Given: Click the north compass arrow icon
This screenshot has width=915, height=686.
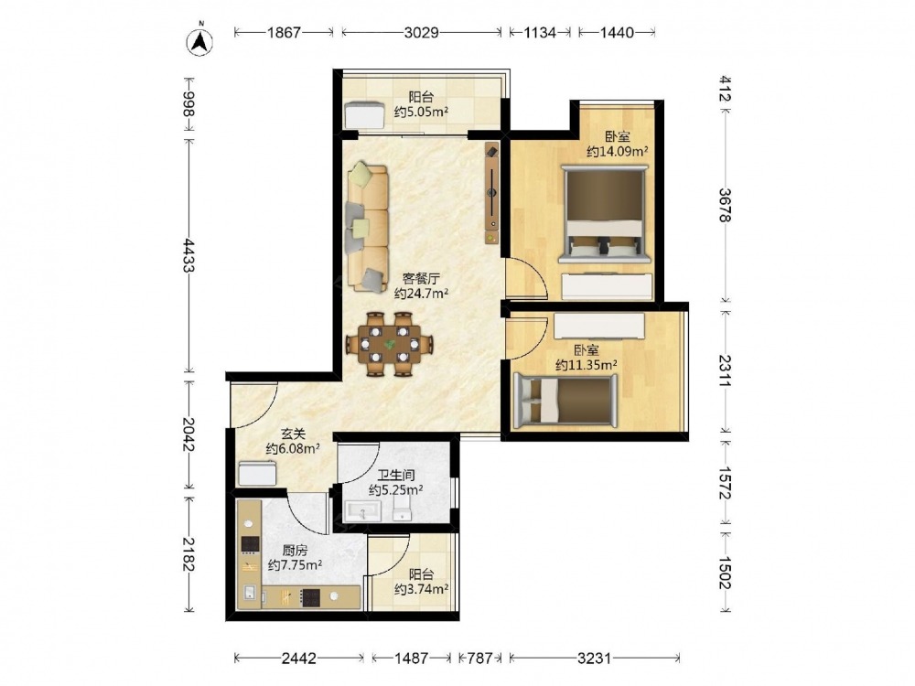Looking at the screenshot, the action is click(x=199, y=41).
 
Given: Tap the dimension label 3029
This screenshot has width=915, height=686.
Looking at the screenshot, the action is click(x=421, y=32).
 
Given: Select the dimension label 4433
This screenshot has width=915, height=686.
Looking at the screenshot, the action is click(x=188, y=255).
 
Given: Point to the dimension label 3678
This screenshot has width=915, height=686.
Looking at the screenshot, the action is click(x=724, y=205).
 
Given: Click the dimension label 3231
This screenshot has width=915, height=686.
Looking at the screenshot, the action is click(x=594, y=659).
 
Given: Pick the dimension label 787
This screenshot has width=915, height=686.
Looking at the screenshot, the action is click(x=480, y=659).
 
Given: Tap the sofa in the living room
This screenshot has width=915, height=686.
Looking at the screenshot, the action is click(x=368, y=228).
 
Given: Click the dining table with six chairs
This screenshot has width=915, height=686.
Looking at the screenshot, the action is click(x=390, y=344).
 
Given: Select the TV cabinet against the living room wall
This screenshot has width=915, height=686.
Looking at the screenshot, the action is click(x=492, y=193).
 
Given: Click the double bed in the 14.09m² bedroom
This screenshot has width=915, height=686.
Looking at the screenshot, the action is click(x=604, y=214).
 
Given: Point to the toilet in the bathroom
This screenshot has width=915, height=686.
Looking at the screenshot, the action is click(x=402, y=506).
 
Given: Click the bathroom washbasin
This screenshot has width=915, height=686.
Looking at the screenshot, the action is click(x=362, y=511).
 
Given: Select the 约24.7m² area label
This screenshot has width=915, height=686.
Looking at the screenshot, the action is click(x=421, y=294).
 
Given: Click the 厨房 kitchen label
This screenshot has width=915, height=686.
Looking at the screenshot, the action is click(x=294, y=550).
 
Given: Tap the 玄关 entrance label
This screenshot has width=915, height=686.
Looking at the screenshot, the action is click(x=293, y=434).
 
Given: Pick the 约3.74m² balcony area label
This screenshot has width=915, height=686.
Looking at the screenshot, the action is click(x=421, y=589).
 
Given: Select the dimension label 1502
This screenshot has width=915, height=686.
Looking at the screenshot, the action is click(x=724, y=573).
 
